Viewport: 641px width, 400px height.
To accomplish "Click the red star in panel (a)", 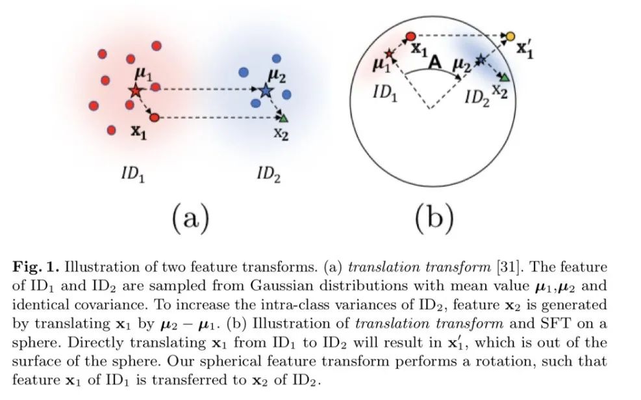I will pyautogui.click(x=134, y=90).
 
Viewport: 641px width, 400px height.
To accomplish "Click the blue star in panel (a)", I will pyautogui.click(x=265, y=91).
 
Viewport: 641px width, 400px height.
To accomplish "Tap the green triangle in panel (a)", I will pyautogui.click(x=283, y=118).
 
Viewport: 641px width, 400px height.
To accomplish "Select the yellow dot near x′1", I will pyautogui.click(x=510, y=36).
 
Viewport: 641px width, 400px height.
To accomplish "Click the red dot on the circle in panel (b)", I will pyautogui.click(x=410, y=37).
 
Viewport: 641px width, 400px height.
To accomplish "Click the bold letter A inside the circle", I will pyautogui.click(x=436, y=61).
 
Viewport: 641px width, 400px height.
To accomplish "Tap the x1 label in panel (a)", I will pyautogui.click(x=139, y=131).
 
